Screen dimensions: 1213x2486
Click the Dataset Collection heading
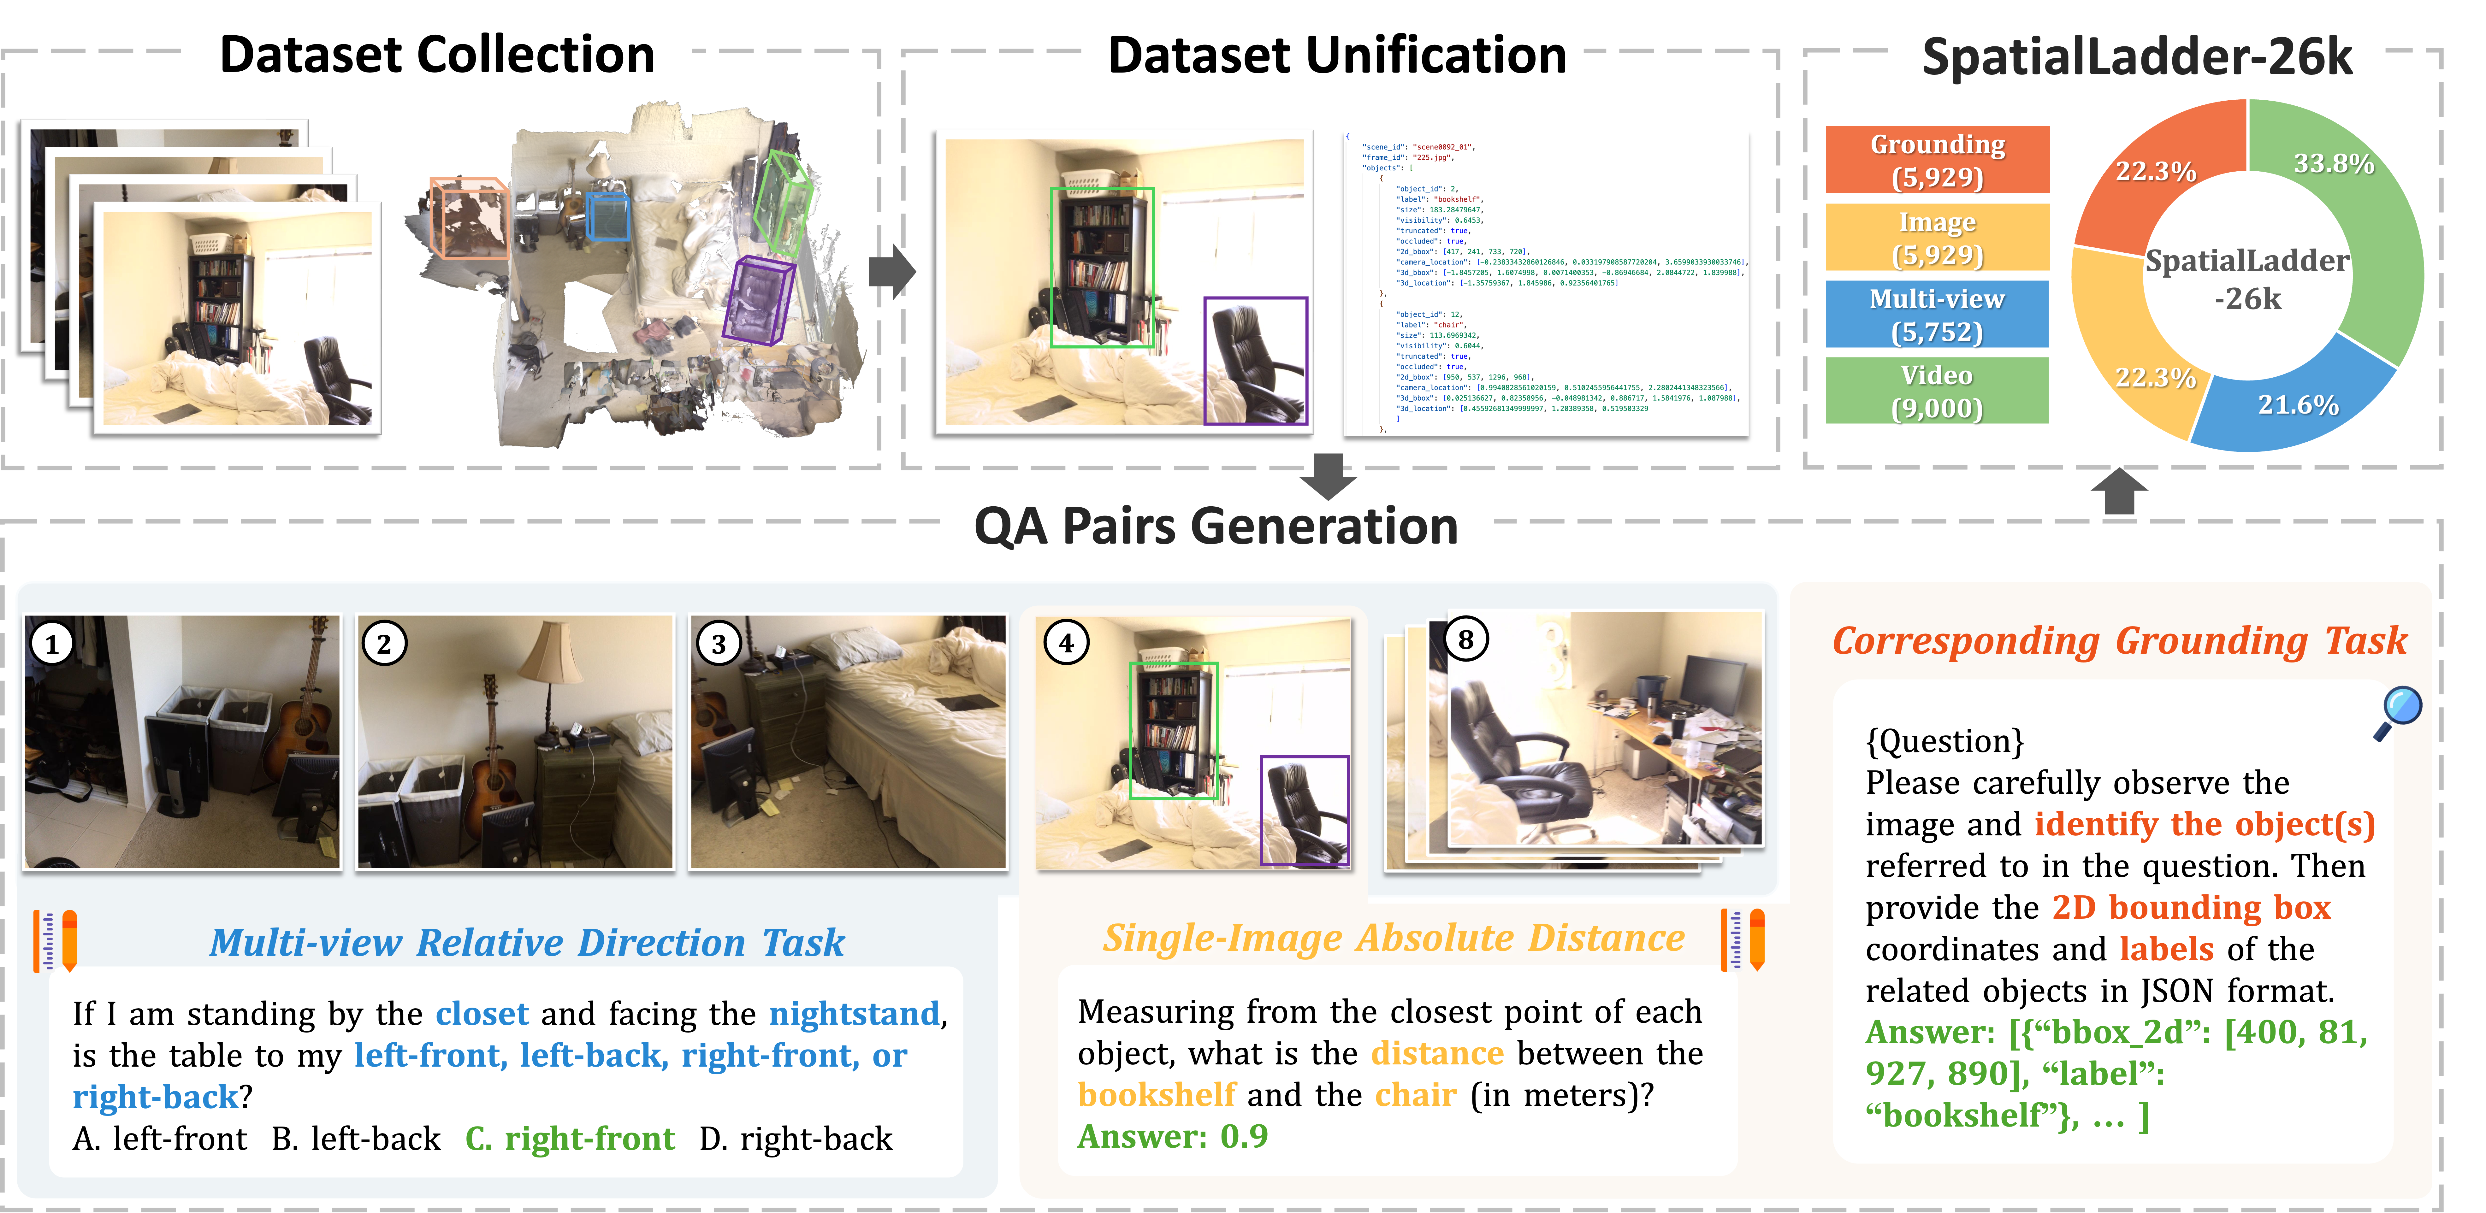(437, 54)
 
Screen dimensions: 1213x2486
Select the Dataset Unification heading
(1337, 54)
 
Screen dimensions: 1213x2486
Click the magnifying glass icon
(2397, 712)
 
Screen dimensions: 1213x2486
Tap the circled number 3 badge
(718, 644)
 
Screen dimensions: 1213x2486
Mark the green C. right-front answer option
(569, 1139)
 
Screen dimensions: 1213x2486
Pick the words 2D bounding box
(2191, 907)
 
